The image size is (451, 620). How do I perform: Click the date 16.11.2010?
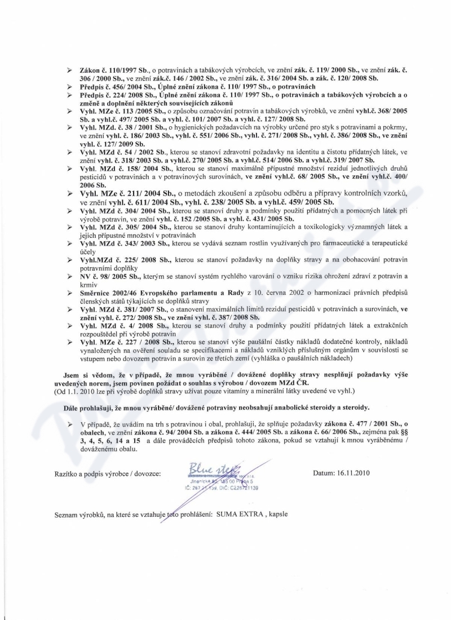click(356, 473)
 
